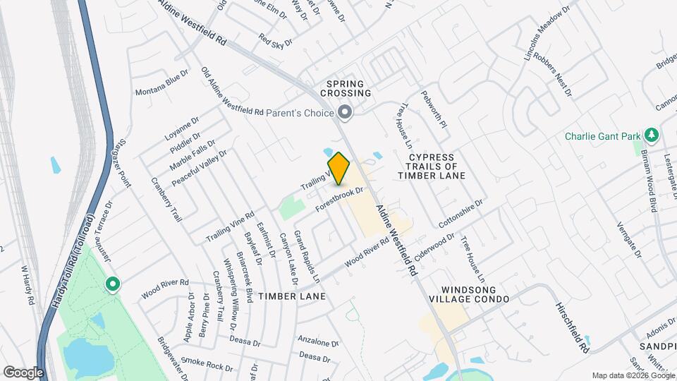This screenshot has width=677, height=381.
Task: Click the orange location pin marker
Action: tap(339, 168)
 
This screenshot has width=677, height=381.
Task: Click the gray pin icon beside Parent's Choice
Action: tap(345, 111)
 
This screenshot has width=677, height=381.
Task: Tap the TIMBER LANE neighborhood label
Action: tap(292, 296)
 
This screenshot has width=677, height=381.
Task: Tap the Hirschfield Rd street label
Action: tap(571, 321)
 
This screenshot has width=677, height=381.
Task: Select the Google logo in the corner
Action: tap(23, 372)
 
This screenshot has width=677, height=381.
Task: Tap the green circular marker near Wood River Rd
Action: tap(112, 284)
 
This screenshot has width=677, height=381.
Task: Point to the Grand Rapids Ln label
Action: tap(307, 252)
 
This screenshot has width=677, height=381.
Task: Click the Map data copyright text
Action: tap(633, 375)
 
